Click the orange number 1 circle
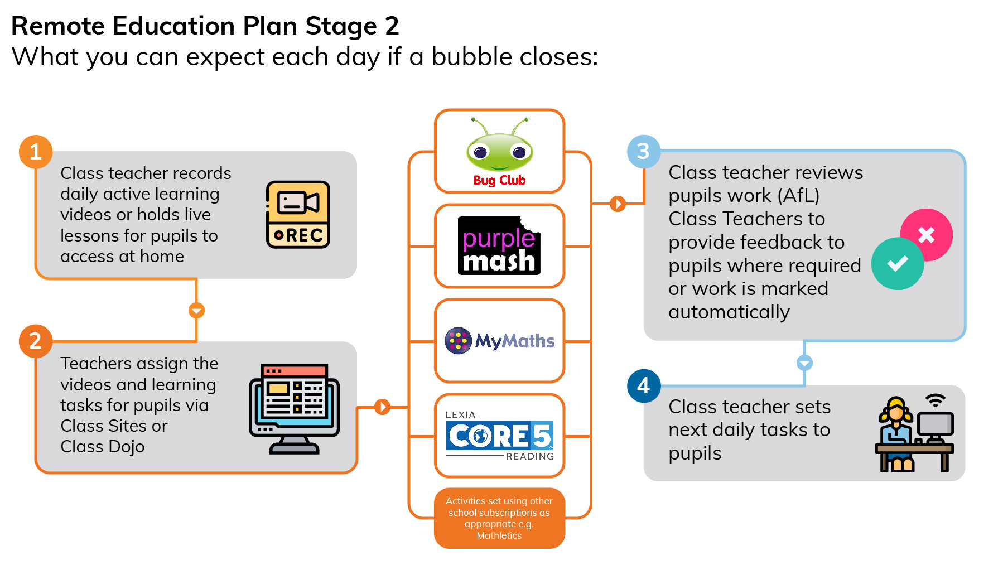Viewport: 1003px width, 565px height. tap(36, 152)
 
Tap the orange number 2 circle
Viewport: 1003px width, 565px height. tap(36, 341)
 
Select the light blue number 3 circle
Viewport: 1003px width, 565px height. tap(643, 151)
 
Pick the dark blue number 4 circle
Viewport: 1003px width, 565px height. tap(643, 385)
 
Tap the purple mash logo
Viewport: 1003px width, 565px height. tap(499, 246)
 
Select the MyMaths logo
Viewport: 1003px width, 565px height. tap(499, 341)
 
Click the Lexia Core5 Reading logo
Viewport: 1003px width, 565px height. tap(499, 436)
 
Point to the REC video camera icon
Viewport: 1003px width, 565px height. tap(298, 215)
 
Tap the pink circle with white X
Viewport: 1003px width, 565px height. tap(927, 234)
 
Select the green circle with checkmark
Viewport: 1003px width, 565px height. tap(898, 264)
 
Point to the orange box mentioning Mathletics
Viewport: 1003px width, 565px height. tap(499, 518)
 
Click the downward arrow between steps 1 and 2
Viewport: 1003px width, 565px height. tap(196, 310)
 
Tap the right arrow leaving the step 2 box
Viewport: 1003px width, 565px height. tap(382, 407)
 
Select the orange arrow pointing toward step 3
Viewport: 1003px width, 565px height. tap(618, 204)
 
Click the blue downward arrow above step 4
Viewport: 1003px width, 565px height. tap(804, 363)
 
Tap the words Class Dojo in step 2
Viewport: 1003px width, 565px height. tap(103, 447)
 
